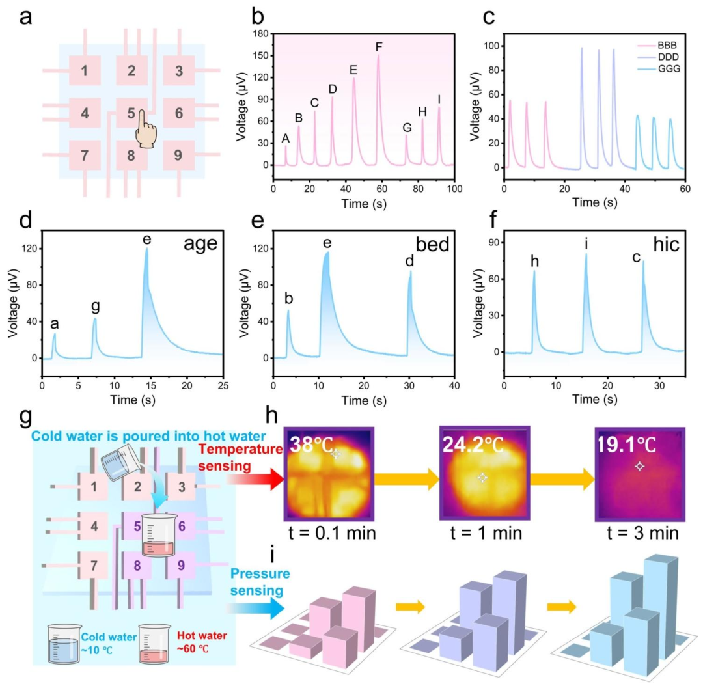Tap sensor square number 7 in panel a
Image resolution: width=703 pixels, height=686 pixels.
click(85, 155)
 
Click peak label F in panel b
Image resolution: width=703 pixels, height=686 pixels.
click(379, 47)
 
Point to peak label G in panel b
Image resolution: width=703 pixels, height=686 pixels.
click(407, 128)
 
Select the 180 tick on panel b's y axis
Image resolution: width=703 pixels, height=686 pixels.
click(260, 34)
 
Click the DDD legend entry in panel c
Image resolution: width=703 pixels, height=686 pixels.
click(658, 57)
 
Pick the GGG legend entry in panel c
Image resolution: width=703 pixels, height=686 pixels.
click(659, 68)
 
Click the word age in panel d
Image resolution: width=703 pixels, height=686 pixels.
click(200, 244)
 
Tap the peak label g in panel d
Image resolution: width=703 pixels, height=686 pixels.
click(95, 307)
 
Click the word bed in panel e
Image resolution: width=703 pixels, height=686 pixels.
click(432, 244)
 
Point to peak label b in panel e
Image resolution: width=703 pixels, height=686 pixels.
click(289, 298)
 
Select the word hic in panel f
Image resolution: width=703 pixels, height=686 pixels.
click(667, 244)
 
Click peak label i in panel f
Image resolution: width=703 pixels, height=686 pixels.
click(586, 244)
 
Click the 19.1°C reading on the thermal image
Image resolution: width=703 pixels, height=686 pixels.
click(626, 445)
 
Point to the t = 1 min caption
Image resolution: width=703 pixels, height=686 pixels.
click(486, 533)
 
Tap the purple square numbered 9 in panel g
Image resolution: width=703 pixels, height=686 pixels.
click(181, 566)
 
